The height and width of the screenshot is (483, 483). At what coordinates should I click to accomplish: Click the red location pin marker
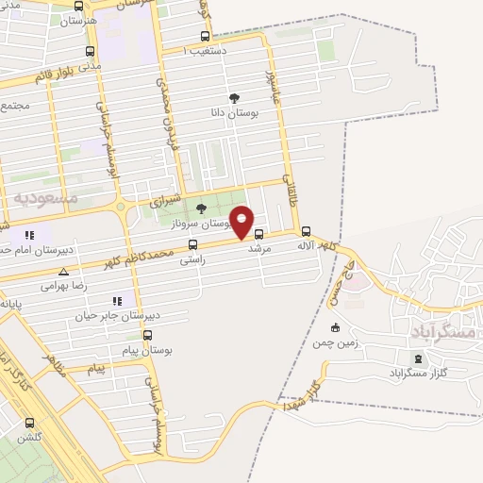(x=242, y=221)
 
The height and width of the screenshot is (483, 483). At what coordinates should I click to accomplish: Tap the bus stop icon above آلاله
(x=305, y=231)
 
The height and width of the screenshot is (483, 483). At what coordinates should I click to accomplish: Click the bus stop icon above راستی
(x=192, y=244)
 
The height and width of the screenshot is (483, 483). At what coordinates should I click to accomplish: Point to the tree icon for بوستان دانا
(x=234, y=97)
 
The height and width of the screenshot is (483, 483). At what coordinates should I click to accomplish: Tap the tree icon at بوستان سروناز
(x=200, y=209)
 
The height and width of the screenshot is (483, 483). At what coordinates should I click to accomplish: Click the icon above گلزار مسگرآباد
(x=417, y=358)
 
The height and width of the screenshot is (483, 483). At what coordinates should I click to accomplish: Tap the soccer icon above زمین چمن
(x=335, y=327)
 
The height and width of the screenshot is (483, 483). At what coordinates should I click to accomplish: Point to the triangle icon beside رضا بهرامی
(x=63, y=272)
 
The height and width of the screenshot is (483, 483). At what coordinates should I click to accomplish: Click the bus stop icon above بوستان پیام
(x=147, y=335)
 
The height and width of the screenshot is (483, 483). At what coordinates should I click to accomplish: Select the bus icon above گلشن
(x=29, y=423)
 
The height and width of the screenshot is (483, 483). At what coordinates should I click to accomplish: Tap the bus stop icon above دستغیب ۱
(x=204, y=37)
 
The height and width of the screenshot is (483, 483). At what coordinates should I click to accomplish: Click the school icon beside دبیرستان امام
(x=29, y=235)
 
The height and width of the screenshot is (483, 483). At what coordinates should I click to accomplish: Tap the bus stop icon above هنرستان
(x=77, y=6)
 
